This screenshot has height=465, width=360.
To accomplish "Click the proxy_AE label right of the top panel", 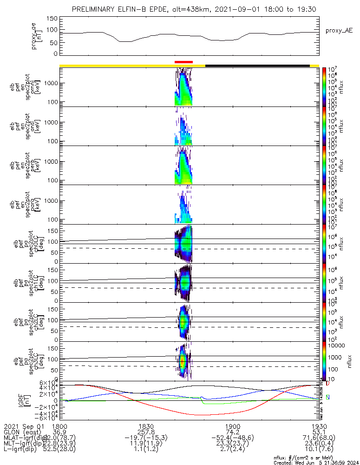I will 339,31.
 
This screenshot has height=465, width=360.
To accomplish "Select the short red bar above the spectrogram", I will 183,61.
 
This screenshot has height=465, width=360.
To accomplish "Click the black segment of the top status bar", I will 257,66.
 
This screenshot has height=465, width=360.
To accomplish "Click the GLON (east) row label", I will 21,432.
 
